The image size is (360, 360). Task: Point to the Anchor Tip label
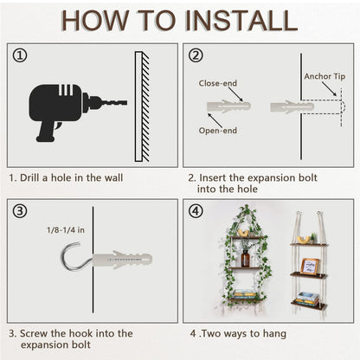tap(324, 76)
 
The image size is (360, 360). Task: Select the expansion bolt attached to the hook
tap(121, 258)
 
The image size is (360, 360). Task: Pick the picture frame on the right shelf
tap(310, 266)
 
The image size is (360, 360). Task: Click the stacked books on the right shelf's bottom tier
tap(308, 298)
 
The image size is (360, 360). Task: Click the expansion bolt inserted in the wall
tap(292, 106)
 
